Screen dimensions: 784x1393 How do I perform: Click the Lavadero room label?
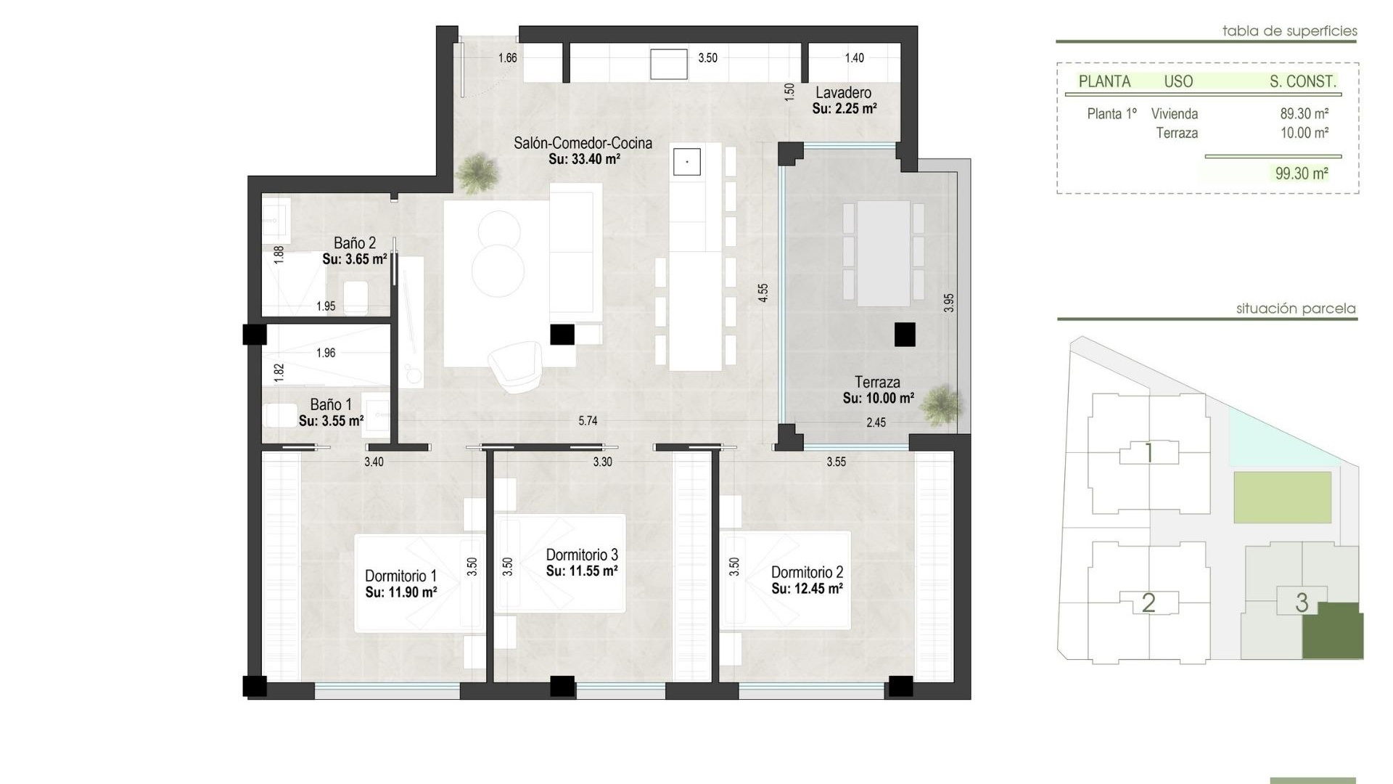coord(843,93)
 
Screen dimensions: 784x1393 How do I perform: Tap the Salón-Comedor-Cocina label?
coord(583,143)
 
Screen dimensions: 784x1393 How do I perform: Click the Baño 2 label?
coord(354,243)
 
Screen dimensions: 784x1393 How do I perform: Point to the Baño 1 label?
coord(331,405)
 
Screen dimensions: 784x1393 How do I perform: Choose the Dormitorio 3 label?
coord(582,555)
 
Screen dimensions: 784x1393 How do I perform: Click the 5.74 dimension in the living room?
coord(588,421)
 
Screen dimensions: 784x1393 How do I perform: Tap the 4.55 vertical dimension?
coord(763,293)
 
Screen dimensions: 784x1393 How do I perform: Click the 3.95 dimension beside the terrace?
coord(949,303)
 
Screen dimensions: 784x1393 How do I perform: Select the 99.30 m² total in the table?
coord(1301,173)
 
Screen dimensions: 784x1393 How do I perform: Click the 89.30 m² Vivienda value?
coord(1304,114)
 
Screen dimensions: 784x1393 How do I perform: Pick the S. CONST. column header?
coord(1302,82)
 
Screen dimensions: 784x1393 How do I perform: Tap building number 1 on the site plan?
coord(1148,453)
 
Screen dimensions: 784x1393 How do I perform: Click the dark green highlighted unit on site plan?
coord(1333,632)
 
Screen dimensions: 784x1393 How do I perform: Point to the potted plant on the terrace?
coord(942,405)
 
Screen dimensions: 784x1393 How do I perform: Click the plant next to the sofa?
coord(477,173)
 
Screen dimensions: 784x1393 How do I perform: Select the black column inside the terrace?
coord(904,335)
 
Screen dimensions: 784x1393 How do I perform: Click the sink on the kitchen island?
coord(686,162)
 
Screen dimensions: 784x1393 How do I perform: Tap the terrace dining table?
coord(883,253)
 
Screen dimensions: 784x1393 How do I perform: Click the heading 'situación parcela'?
coord(1295,309)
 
